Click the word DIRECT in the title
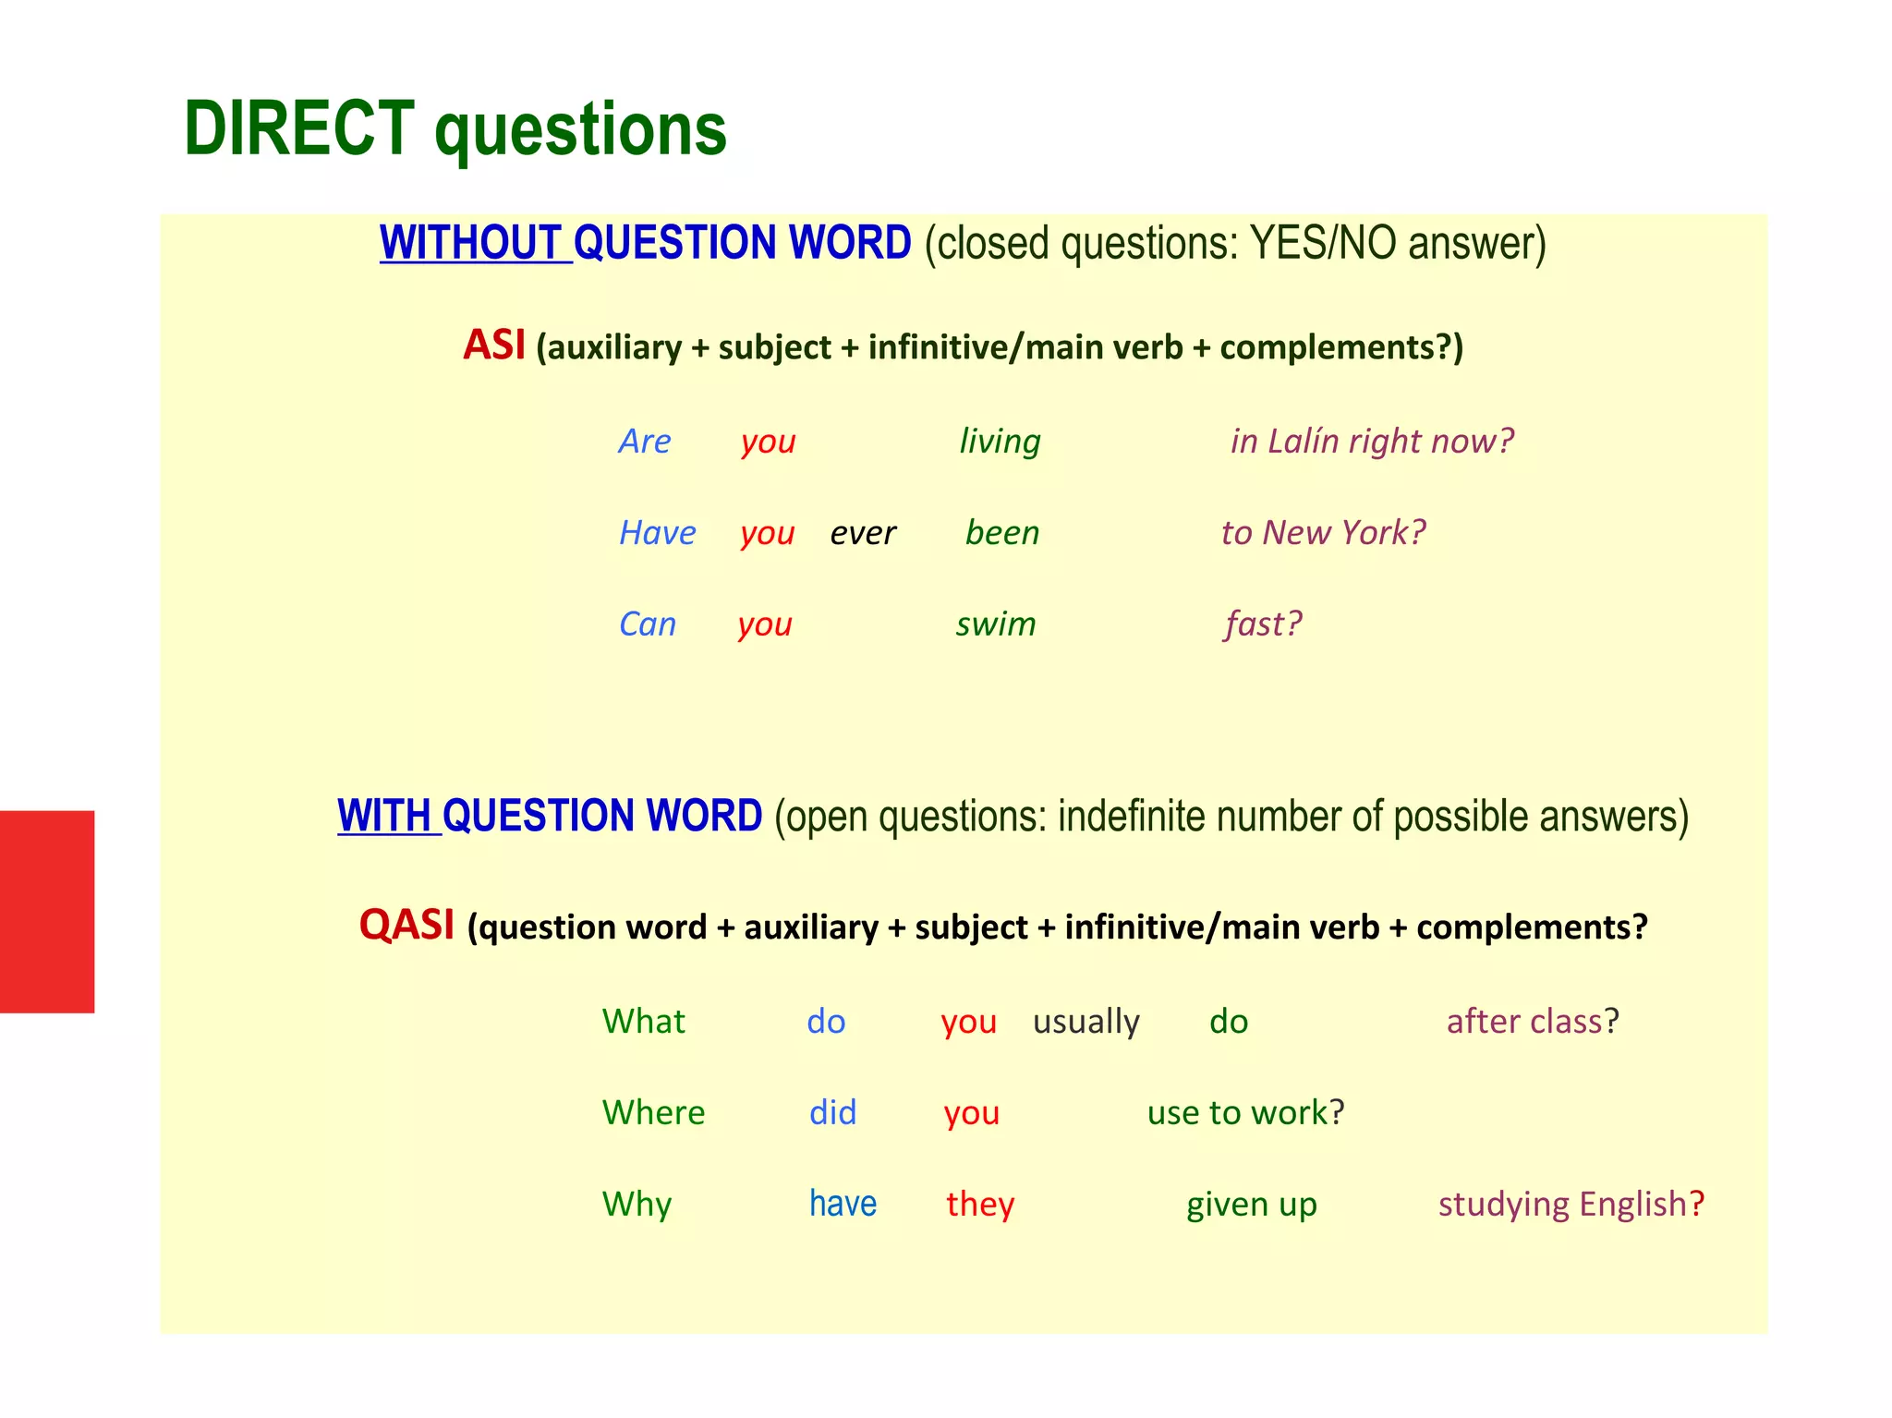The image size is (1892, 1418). click(298, 128)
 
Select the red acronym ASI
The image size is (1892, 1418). click(493, 345)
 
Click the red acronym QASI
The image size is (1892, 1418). click(406, 925)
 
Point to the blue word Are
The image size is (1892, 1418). click(644, 442)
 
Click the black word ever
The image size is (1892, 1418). click(862, 533)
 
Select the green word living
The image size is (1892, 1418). click(999, 442)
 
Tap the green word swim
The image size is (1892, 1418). click(995, 624)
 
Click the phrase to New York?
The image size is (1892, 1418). click(1323, 533)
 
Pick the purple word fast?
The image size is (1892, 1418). click(1262, 624)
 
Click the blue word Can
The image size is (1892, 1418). click(647, 624)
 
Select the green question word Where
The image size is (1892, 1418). click(653, 1112)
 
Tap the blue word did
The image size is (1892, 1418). click(832, 1112)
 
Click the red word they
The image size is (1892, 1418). click(979, 1204)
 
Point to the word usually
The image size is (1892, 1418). click(1085, 1022)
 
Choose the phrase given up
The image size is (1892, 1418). click(1251, 1205)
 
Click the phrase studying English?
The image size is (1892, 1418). click(1571, 1204)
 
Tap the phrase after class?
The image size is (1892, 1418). click(1532, 1022)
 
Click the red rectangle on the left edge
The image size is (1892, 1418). click(46, 911)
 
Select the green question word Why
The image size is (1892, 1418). click(637, 1205)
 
